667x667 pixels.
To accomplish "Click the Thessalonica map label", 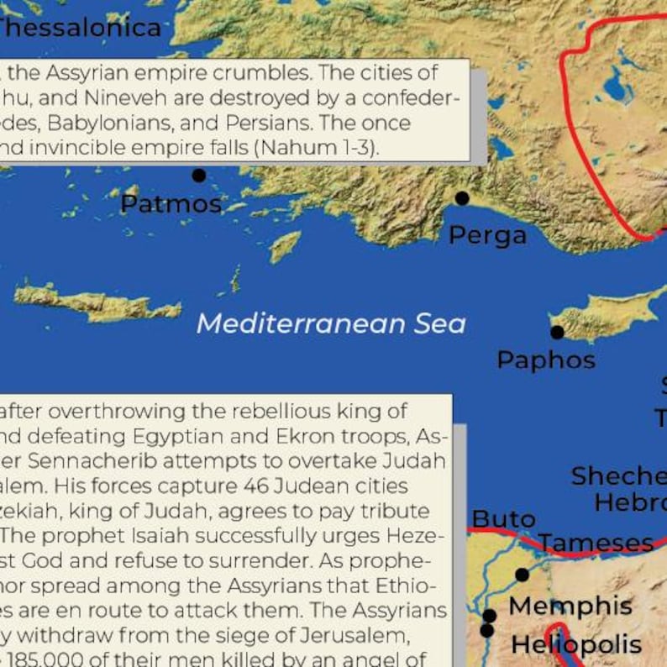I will [x=80, y=28].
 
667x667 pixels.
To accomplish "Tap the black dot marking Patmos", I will [x=199, y=176].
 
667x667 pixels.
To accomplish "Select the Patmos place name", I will [x=171, y=204].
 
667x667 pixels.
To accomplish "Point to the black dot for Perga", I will [x=462, y=198].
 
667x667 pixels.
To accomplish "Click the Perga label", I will [x=487, y=235].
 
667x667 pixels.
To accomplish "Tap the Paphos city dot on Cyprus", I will [x=556, y=332].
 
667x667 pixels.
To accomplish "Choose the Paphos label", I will [x=546, y=360].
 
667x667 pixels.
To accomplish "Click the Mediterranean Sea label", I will [x=331, y=324].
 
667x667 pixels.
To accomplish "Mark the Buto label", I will [x=503, y=518].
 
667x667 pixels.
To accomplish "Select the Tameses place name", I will [x=596, y=544].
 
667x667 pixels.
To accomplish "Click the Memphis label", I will [x=570, y=606].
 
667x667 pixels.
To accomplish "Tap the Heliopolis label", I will [x=576, y=645].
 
